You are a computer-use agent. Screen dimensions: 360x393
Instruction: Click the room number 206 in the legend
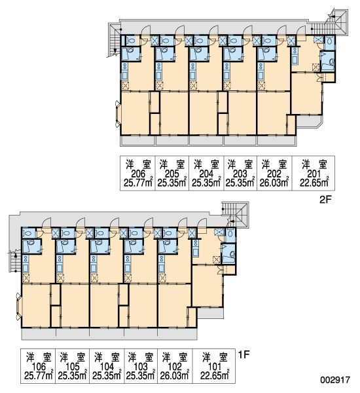point(138,174)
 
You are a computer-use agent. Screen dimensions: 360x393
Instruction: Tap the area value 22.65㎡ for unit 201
point(314,182)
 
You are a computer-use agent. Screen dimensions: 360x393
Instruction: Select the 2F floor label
point(325,200)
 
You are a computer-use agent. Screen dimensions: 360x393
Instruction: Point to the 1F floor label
point(243,354)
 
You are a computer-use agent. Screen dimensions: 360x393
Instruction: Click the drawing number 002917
point(335,379)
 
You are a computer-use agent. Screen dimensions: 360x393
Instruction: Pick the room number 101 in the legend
point(215,366)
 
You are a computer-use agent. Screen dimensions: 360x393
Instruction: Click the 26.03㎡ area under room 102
point(174,375)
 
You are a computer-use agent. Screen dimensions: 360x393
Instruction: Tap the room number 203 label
point(240,174)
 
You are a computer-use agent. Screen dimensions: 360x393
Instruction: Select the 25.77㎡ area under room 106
point(39,375)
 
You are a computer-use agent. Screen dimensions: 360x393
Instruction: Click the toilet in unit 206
point(130,41)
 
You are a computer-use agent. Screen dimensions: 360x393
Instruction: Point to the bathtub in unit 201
point(328,62)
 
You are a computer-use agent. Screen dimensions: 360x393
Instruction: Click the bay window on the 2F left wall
point(118,114)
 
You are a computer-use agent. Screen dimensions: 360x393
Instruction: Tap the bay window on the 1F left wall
point(19,306)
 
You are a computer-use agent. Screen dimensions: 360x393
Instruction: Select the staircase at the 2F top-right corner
point(337,22)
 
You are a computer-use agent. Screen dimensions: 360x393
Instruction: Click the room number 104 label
point(107,366)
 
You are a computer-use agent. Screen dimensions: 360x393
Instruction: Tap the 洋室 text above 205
point(172,164)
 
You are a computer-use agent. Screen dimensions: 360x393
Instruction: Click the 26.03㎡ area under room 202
point(274,182)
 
